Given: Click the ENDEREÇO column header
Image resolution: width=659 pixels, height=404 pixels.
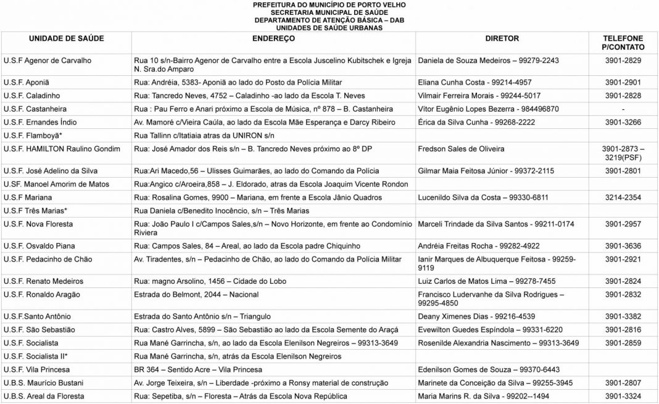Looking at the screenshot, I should tap(273, 38).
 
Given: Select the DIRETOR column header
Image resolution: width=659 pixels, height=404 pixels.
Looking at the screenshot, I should tap(502, 38).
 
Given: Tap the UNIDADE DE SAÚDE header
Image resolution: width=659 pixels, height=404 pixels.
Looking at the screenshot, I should tap(66, 38).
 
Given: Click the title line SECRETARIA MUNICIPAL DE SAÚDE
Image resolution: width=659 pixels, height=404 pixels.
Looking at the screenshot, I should tap(329, 12).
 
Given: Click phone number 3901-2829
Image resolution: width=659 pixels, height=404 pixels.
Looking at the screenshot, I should tap(623, 60).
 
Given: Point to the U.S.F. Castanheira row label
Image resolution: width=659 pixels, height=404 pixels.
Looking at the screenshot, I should tap(36, 109).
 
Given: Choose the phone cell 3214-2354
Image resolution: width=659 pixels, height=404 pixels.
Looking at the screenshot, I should tap(623, 197).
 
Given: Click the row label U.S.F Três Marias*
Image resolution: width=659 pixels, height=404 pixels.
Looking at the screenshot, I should tap(35, 210).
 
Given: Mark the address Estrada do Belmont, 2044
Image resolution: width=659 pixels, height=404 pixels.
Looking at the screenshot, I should tap(196, 295).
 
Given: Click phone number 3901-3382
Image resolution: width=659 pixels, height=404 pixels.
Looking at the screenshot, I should tap(623, 316).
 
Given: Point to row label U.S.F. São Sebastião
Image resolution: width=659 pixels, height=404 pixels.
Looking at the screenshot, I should tap(39, 329).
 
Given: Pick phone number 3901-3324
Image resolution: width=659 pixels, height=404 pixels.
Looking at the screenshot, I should tap(623, 396).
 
